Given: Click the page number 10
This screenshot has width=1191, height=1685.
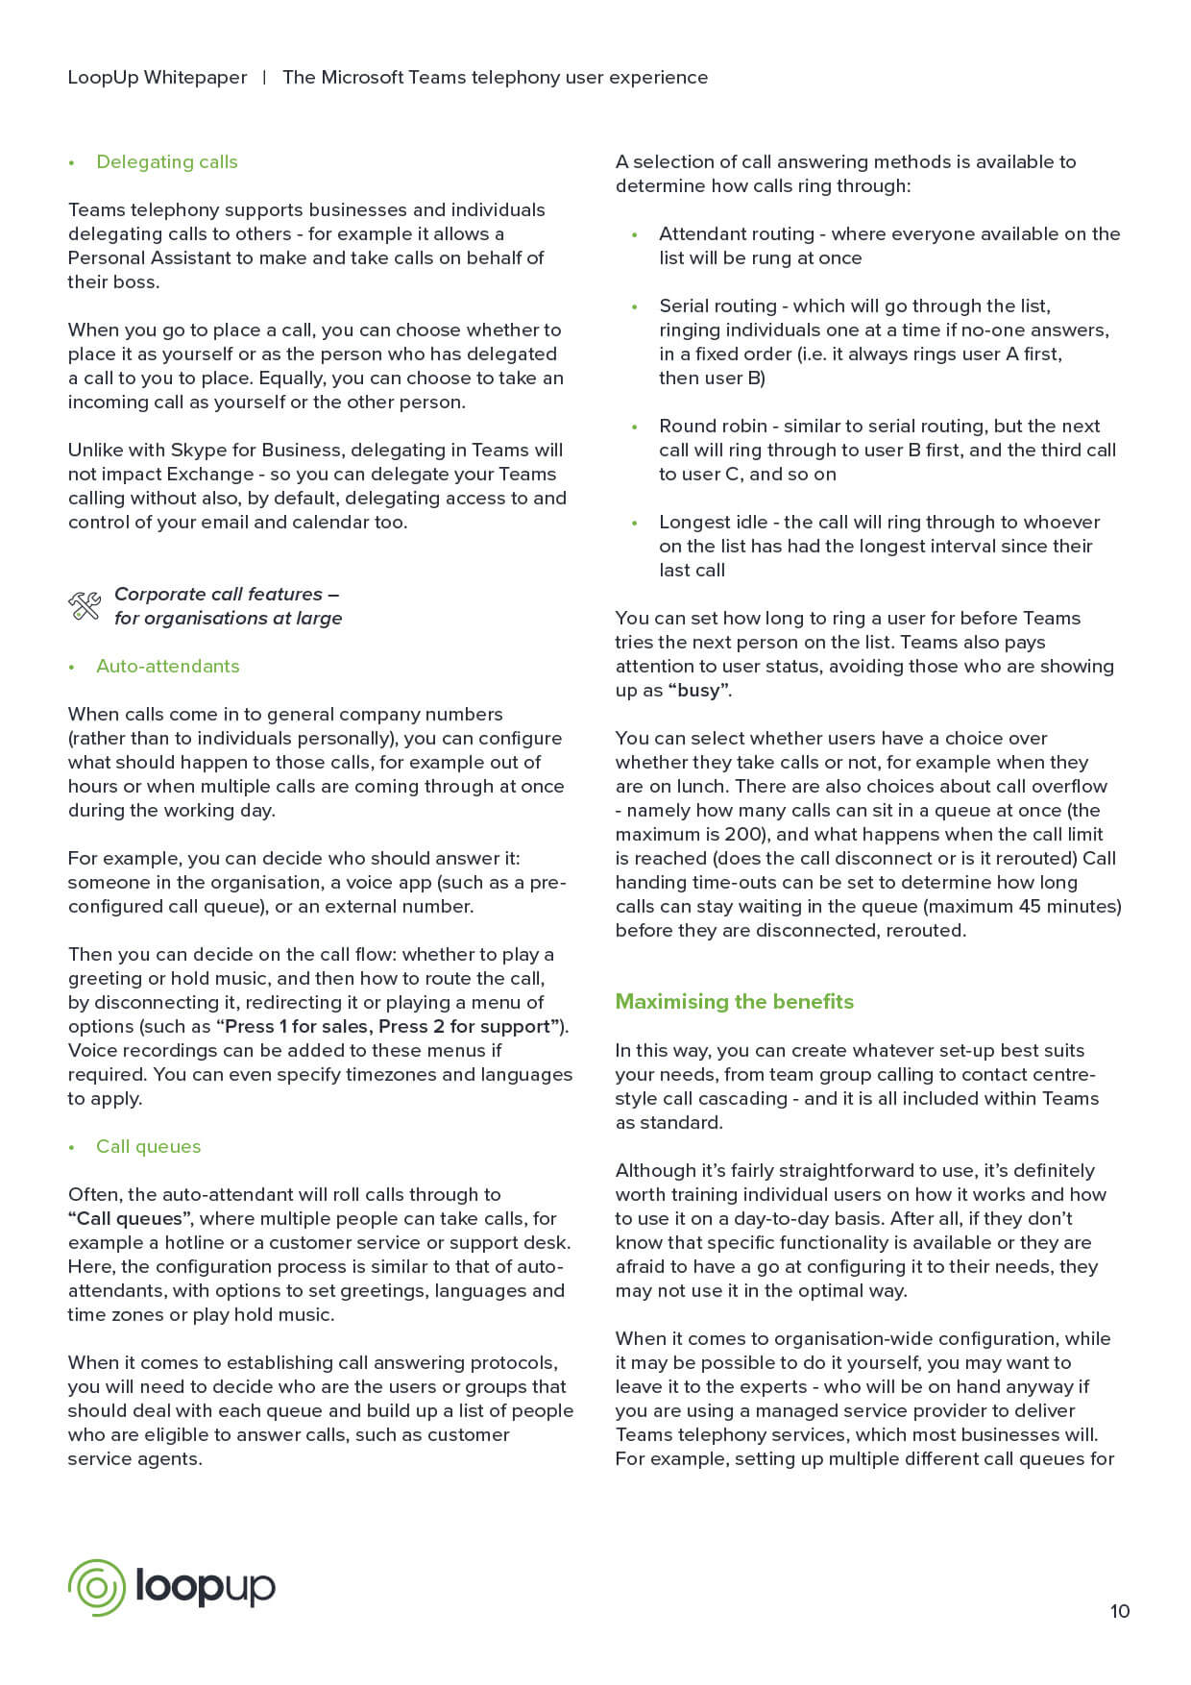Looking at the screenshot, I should (1120, 1611).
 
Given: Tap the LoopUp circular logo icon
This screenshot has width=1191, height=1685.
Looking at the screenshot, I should (96, 1587).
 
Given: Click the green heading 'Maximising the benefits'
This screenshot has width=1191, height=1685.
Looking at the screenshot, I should (734, 1001).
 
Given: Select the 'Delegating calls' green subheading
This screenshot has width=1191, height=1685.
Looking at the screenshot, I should (166, 161).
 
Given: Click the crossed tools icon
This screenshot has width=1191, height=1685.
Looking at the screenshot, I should (85, 606).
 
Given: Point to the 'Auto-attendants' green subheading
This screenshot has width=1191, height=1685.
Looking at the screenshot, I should (167, 666).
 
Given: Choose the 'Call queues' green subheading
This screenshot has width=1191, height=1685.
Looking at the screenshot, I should (148, 1146).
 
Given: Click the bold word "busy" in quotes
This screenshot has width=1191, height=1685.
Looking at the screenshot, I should (698, 690).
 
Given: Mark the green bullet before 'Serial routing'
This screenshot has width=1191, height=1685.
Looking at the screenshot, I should (635, 306).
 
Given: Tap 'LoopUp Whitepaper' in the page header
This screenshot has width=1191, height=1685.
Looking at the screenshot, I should (157, 77).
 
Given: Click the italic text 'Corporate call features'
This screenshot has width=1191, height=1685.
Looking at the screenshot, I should (218, 594).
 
